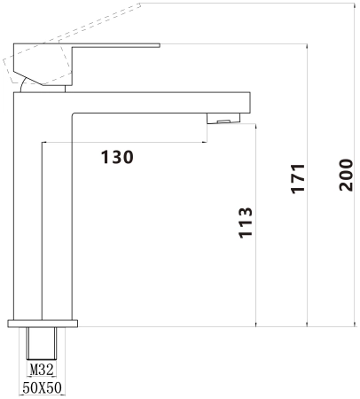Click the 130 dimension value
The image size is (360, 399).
(x=117, y=157)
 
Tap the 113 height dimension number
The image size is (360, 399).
(x=246, y=223)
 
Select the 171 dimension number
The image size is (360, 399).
(x=298, y=178)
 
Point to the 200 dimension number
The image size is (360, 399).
(x=346, y=175)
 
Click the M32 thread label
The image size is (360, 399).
(x=42, y=370)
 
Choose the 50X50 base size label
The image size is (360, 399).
(x=42, y=387)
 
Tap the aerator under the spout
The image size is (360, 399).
(x=223, y=119)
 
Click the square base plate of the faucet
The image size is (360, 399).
(x=43, y=324)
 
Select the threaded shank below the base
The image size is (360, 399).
(x=42, y=343)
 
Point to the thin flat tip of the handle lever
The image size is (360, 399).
(x=159, y=45)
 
